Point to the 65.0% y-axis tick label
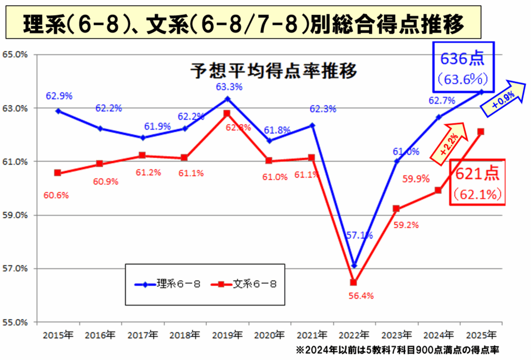pyautogui.click(x=15, y=54)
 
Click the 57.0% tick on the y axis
pyautogui.click(x=15, y=269)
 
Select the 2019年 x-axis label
pyautogui.click(x=227, y=335)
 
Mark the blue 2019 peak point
pyautogui.click(x=227, y=99)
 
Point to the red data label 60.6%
pyautogui.click(x=58, y=195)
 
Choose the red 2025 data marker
pyautogui.click(x=481, y=132)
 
